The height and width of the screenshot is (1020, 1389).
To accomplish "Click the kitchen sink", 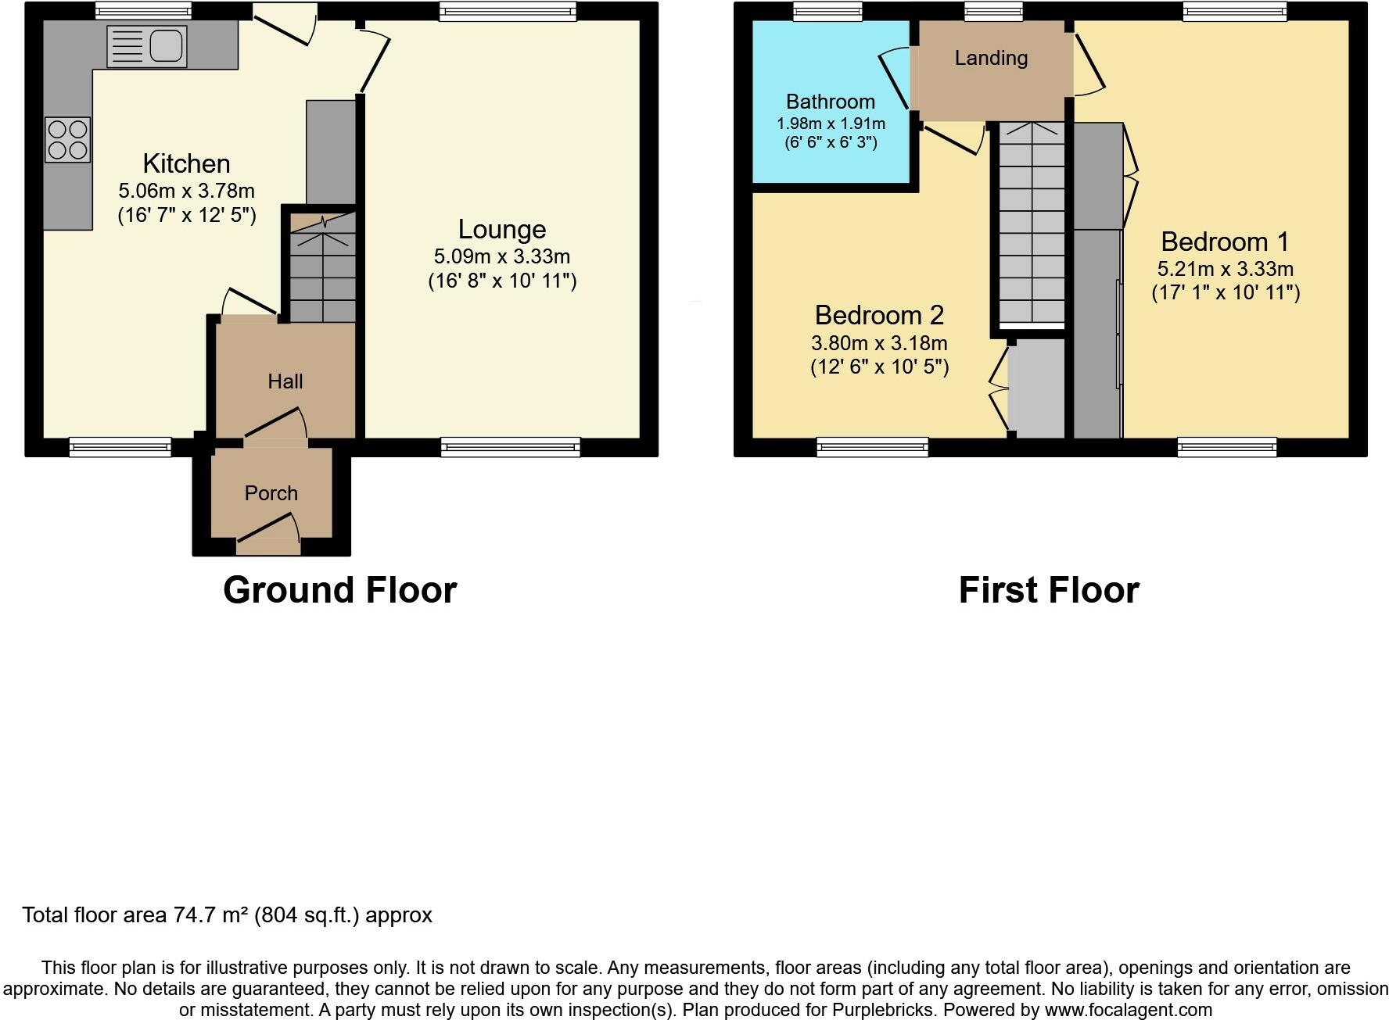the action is click(x=146, y=46).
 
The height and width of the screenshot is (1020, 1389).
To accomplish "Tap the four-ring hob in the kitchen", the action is click(x=67, y=140).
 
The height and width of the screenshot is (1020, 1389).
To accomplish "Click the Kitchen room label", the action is click(x=187, y=163).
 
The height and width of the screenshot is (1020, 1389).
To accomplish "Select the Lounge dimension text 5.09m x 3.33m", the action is click(x=502, y=256).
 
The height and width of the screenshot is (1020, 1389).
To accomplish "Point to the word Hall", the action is click(x=285, y=381).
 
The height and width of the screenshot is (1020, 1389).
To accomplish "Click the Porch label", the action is click(x=271, y=493).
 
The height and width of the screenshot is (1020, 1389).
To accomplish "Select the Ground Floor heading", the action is click(x=340, y=590).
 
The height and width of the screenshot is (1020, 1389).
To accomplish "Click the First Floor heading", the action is click(x=1049, y=590).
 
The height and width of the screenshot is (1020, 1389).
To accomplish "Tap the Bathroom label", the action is click(x=831, y=102).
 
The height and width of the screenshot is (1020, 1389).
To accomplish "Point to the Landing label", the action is click(x=991, y=58).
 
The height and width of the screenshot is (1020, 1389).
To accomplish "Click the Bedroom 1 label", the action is click(x=1225, y=242).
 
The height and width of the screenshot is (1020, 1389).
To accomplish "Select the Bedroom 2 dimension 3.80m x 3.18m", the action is click(x=879, y=343).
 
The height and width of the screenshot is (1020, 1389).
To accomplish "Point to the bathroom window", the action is click(x=827, y=11).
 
